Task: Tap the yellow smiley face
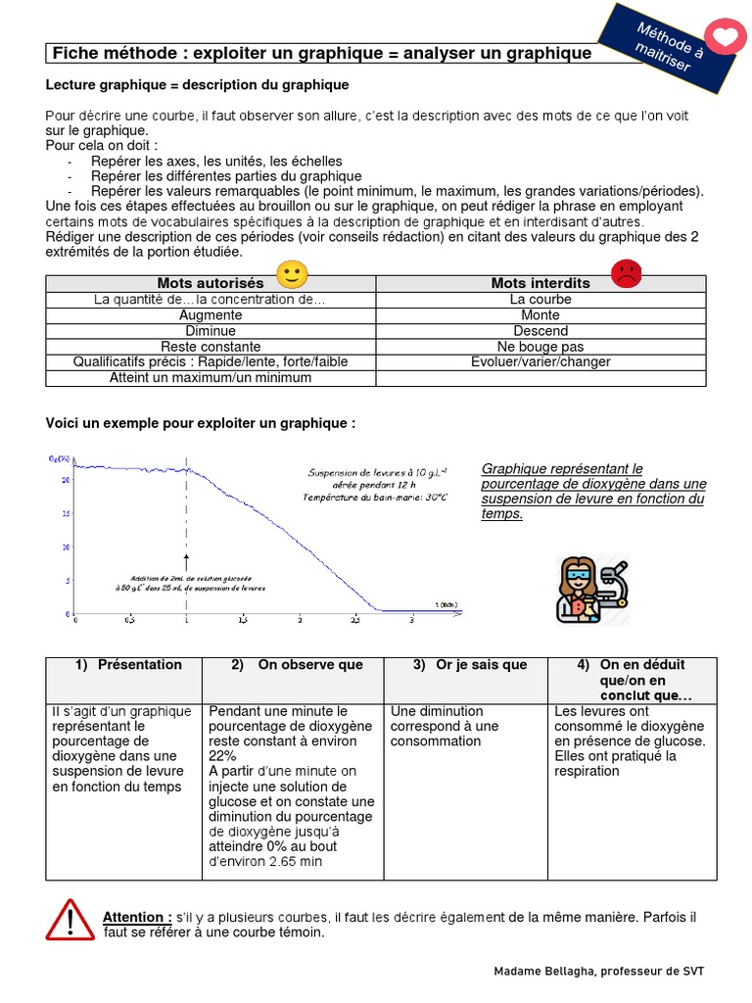click(292, 274)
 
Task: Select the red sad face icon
click(625, 273)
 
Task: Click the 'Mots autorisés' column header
click(211, 283)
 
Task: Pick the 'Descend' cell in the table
click(540, 331)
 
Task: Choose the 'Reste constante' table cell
click(211, 347)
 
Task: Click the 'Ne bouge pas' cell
click(540, 347)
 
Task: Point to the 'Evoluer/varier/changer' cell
click(540, 362)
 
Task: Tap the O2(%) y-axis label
click(60, 458)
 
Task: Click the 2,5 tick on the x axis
click(354, 621)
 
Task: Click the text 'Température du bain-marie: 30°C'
click(375, 498)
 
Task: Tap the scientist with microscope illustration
click(591, 590)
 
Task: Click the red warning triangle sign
click(69, 921)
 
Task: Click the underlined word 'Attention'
click(136, 918)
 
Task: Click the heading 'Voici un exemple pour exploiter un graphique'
click(201, 423)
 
